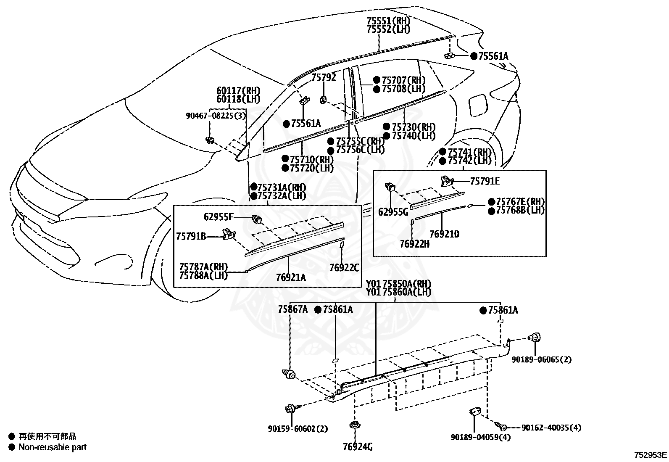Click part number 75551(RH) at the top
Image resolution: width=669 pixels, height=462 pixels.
coord(389,21)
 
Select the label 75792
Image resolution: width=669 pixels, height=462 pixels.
coord(324,77)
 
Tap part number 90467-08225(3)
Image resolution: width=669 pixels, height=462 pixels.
coord(216,116)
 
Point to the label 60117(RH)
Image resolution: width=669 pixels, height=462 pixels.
coord(238,90)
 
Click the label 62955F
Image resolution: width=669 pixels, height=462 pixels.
coord(219,216)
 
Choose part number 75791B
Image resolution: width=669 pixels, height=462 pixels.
coord(191,236)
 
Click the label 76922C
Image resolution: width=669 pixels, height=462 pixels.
coord(344,267)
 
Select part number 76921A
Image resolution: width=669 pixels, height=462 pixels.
coord(291,277)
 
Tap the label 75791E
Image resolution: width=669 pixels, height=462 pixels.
coord(485,181)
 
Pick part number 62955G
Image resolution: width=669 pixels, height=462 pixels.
coord(393,212)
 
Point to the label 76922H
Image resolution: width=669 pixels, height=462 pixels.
coord(414,244)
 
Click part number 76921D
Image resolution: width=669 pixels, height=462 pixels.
coord(445,234)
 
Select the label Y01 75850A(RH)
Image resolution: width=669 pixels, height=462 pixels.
coord(399,284)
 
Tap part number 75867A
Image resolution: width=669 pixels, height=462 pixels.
coord(292,309)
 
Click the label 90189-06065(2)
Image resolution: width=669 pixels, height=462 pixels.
coord(542,359)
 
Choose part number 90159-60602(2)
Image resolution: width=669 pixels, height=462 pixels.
coord(298,429)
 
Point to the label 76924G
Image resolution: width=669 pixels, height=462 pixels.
coord(358,447)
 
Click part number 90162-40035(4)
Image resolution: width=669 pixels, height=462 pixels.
coord(551,428)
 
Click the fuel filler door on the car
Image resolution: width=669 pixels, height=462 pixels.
coord(479,105)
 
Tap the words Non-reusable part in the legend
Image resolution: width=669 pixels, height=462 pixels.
coord(53,447)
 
